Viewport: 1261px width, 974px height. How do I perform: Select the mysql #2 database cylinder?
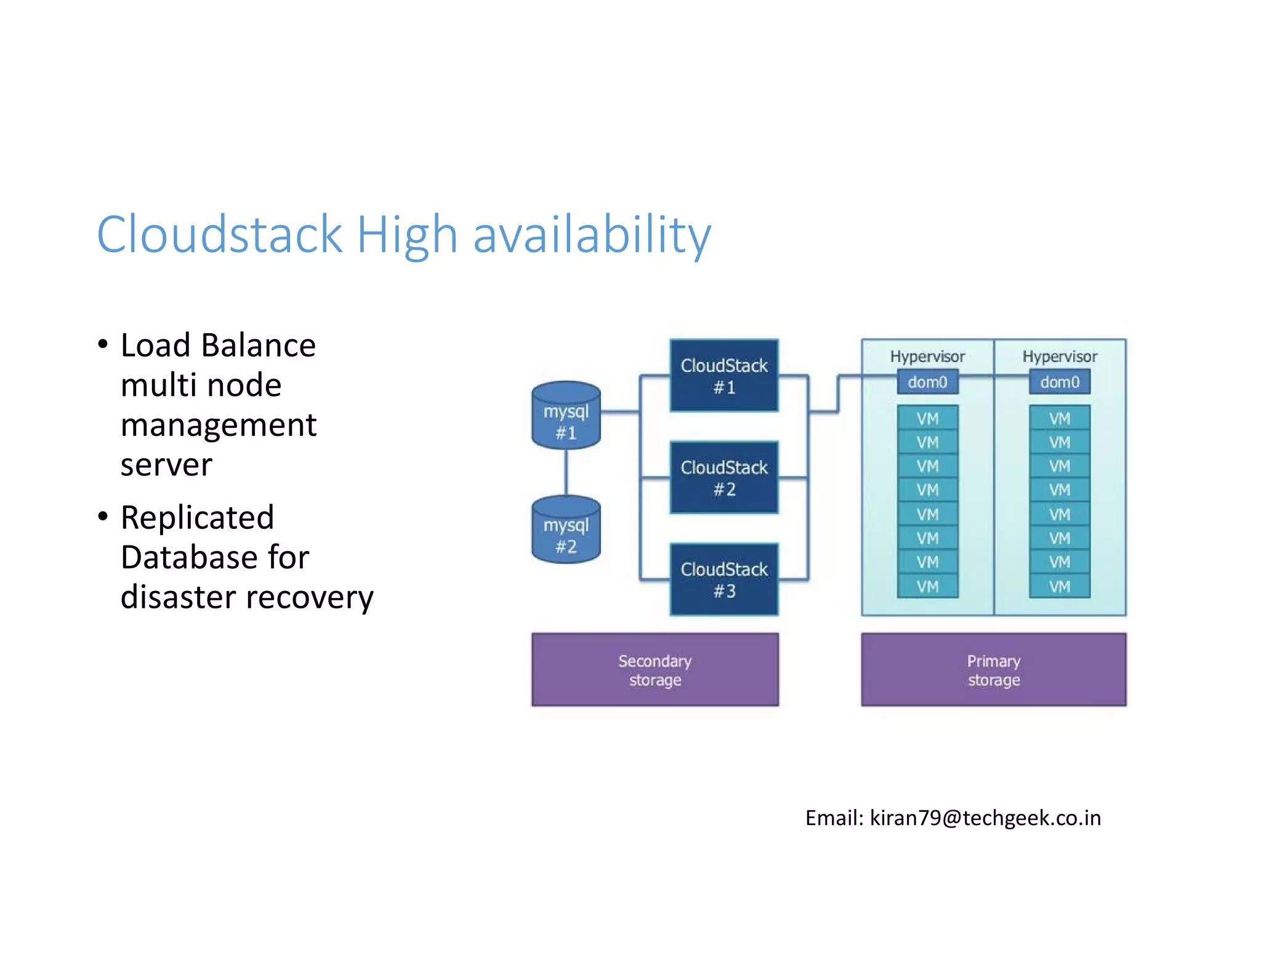(566, 530)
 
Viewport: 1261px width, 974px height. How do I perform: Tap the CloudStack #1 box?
(724, 376)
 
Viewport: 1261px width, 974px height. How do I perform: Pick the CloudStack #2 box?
(724, 478)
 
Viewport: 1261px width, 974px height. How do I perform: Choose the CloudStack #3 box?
(724, 579)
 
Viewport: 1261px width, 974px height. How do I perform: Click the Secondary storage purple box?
(655, 670)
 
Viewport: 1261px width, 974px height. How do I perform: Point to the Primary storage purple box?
(993, 670)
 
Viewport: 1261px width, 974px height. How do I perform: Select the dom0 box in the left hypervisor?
(927, 382)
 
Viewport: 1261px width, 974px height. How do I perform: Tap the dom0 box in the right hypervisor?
(1059, 382)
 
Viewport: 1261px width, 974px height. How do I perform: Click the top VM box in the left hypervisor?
(927, 419)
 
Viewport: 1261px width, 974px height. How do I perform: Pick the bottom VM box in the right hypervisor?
(1059, 586)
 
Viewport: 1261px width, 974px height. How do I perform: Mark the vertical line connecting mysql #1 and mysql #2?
(566, 472)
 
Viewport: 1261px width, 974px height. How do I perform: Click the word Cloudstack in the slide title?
(219, 235)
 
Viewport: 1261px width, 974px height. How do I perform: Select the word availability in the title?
(592, 236)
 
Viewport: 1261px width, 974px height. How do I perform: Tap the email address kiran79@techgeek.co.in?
(985, 818)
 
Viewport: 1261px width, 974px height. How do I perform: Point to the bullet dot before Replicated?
(103, 516)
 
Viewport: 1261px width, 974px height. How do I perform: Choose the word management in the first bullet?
(219, 425)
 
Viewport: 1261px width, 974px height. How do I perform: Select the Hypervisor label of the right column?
(1059, 356)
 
